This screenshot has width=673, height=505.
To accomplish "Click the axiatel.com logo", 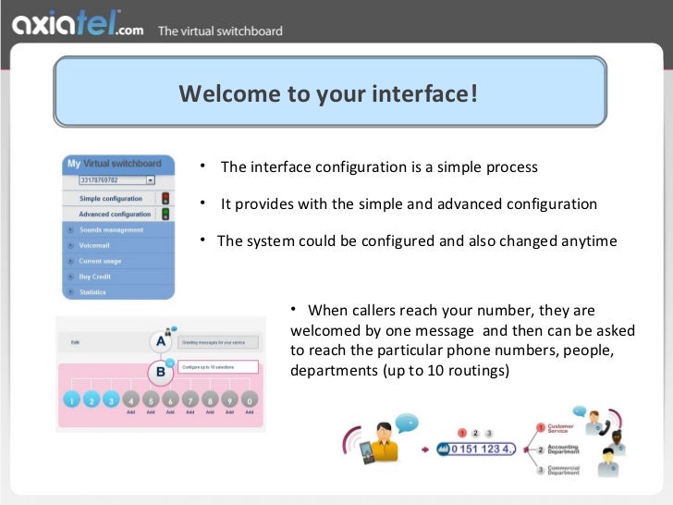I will [x=78, y=29].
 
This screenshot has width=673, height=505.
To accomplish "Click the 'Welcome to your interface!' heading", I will [x=328, y=93].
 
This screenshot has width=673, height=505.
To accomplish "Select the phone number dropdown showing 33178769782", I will [x=116, y=180].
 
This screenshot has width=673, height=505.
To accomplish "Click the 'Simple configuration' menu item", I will [x=111, y=198].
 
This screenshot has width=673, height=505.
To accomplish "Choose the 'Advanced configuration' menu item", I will [x=115, y=214].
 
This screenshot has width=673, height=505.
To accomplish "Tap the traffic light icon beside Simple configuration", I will [x=165, y=198].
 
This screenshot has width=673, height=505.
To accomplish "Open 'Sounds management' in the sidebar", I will [x=111, y=229].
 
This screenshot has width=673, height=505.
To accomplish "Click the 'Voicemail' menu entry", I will [x=94, y=245].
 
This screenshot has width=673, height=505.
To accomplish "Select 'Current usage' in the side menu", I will [x=100, y=261].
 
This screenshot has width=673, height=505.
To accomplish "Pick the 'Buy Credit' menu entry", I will [x=94, y=277].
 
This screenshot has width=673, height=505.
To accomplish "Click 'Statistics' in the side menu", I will [x=92, y=292].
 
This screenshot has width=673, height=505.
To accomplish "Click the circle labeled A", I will [x=162, y=342].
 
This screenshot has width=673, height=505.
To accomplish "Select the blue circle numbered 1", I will [x=71, y=400].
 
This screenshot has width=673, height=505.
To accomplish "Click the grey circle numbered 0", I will [x=250, y=400].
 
